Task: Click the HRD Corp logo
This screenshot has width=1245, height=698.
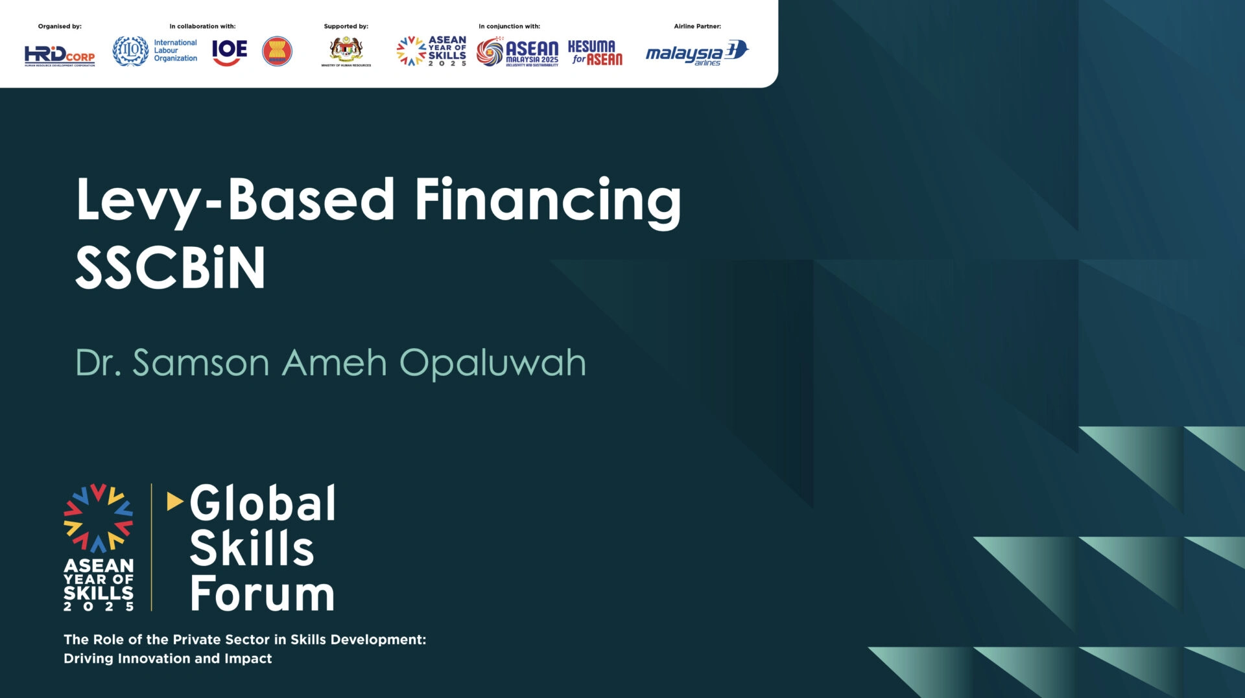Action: (60, 55)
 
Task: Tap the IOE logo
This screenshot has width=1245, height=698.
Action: (230, 52)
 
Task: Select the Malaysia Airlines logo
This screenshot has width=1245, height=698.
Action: (697, 52)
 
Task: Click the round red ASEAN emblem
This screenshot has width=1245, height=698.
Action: (277, 51)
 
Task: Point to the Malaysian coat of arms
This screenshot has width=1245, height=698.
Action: (346, 50)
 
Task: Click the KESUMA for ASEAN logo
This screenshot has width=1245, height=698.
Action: (595, 52)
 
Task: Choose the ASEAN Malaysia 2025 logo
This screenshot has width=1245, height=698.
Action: (517, 52)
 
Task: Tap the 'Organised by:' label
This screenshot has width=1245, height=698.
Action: (60, 27)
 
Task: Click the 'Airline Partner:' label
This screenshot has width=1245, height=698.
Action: (697, 27)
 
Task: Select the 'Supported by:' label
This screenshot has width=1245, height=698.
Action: (346, 27)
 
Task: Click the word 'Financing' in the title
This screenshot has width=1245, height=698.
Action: (548, 201)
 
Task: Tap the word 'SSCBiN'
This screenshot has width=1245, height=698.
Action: (171, 268)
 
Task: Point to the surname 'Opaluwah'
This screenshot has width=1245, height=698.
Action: (492, 363)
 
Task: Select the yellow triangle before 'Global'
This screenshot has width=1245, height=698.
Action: (174, 501)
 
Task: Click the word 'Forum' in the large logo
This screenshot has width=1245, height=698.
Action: (262, 593)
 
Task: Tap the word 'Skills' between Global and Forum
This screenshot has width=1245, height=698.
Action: (252, 548)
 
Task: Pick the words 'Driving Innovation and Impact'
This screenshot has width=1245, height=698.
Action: (168, 658)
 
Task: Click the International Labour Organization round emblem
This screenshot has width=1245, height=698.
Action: (130, 51)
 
